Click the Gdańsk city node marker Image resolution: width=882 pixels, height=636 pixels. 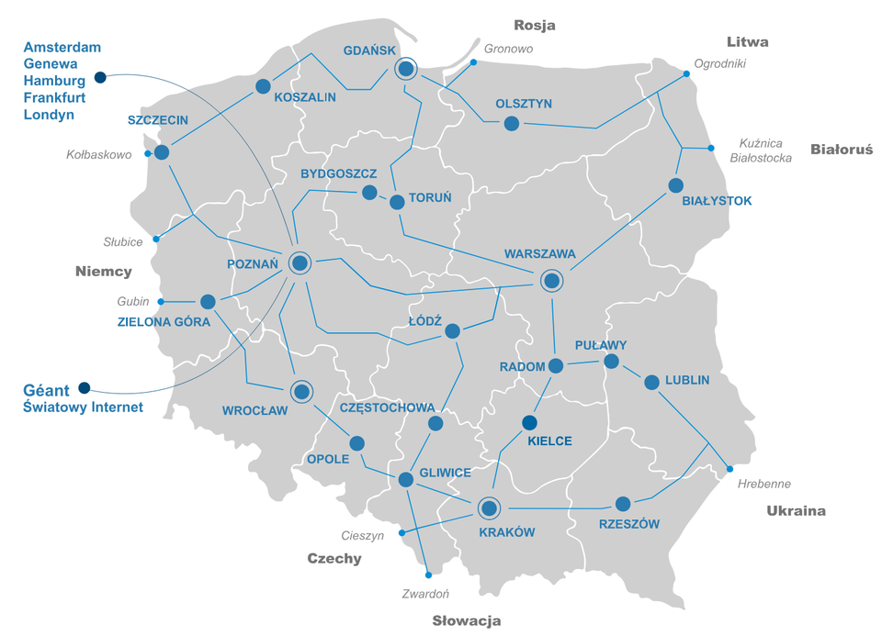pyautogui.click(x=405, y=69)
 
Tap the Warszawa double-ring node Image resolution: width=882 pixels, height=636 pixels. pyautogui.click(x=550, y=281)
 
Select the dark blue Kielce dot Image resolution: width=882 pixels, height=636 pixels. pyautogui.click(x=529, y=422)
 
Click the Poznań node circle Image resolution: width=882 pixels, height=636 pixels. pyautogui.click(x=300, y=263)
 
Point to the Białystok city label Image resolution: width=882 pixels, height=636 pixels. pyautogui.click(x=717, y=200)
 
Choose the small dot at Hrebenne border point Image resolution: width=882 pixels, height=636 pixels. pyautogui.click(x=730, y=469)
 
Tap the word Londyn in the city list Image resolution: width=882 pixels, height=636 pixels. pyautogui.click(x=49, y=115)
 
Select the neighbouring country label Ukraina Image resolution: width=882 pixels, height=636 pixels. pyautogui.click(x=796, y=511)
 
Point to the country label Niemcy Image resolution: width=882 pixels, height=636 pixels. pyautogui.click(x=104, y=271)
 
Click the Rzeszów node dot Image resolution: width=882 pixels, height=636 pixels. pyautogui.click(x=623, y=504)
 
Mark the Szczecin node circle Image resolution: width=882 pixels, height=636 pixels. pyautogui.click(x=162, y=152)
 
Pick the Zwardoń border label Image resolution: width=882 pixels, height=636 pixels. pyautogui.click(x=425, y=594)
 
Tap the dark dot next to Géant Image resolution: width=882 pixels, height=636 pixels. pyautogui.click(x=85, y=387)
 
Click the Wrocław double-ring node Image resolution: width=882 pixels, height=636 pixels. pyautogui.click(x=300, y=392)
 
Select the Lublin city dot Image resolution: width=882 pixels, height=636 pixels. pyautogui.click(x=651, y=382)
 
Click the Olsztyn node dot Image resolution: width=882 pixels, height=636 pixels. pyautogui.click(x=512, y=123)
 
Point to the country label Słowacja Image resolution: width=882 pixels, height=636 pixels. pyautogui.click(x=467, y=620)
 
